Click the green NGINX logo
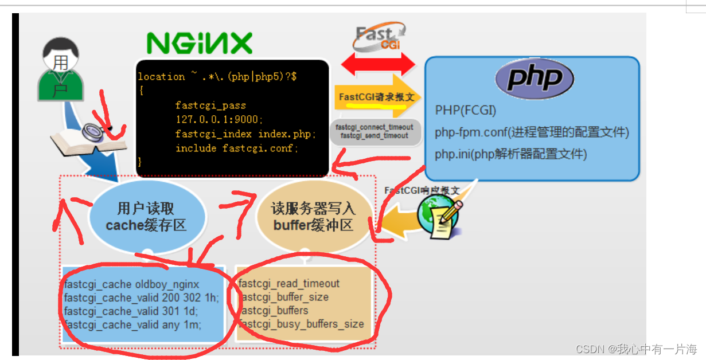point(199,42)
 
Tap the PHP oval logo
point(535,78)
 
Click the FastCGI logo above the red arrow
point(379,37)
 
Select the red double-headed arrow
point(379,63)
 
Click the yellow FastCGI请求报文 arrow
point(377,96)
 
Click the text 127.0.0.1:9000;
point(219,119)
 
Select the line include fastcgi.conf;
point(237,148)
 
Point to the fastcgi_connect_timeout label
point(374,127)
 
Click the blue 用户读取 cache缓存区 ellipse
point(147,217)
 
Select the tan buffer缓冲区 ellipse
point(313,217)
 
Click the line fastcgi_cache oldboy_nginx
point(132,284)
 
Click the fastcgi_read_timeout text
point(289,284)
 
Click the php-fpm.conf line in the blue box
point(532,132)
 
